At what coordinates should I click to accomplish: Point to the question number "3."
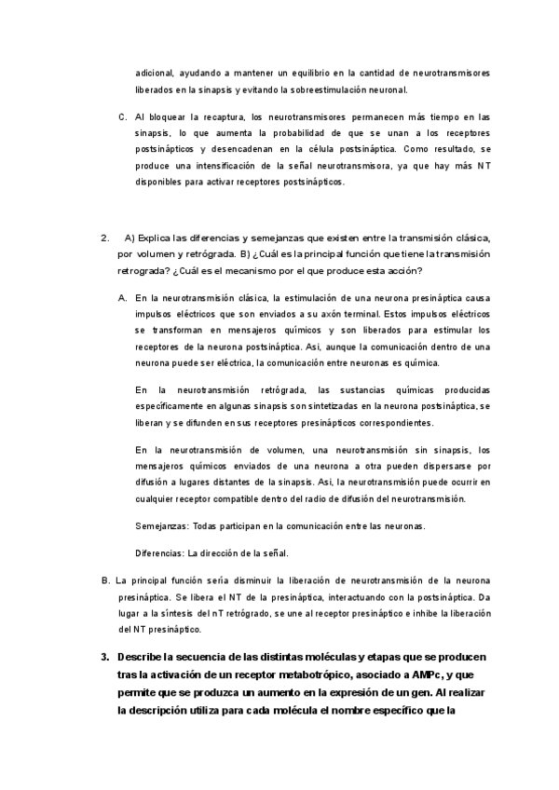click(x=105, y=658)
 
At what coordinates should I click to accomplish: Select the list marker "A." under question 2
click(x=123, y=298)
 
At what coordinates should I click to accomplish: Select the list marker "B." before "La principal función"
click(x=105, y=581)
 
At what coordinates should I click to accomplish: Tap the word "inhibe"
click(x=417, y=614)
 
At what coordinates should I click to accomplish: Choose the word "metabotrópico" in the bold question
click(x=320, y=675)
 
